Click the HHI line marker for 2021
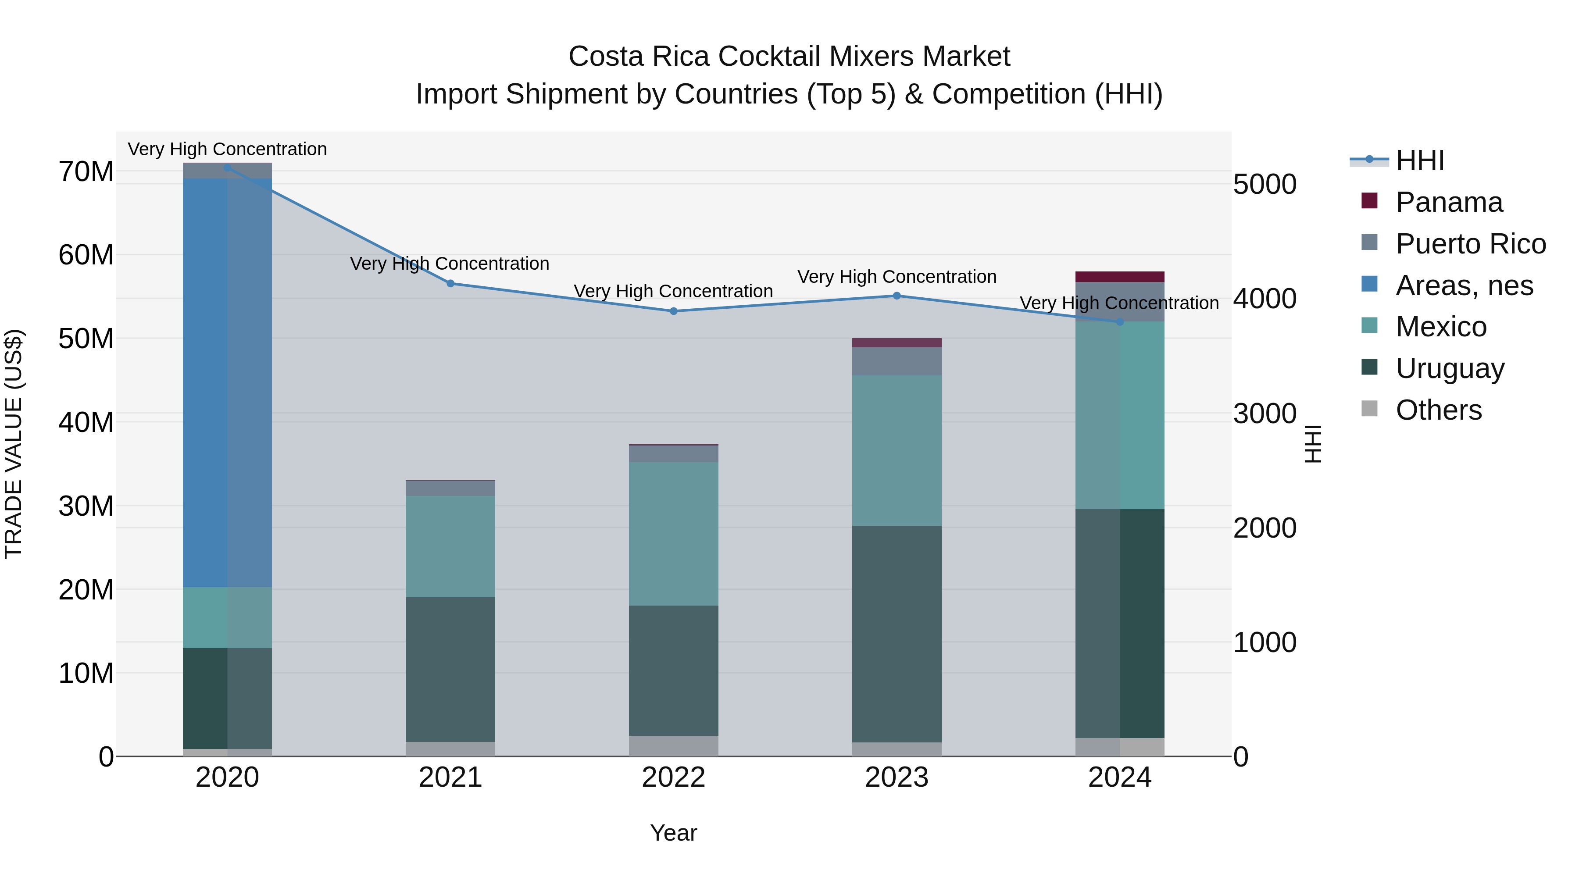450,283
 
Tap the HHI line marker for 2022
674,311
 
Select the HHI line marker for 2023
897,296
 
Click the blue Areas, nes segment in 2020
227,382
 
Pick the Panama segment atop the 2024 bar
1120,276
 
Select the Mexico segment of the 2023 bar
897,450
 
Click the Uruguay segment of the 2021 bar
450,669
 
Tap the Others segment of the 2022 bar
674,746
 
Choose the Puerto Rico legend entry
1470,244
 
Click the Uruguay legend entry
1450,368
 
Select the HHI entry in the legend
1420,160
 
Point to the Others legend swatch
1369,409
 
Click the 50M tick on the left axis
86,338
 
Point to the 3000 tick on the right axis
1265,414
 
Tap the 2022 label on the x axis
674,777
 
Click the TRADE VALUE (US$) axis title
14,444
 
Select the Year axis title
674,833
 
